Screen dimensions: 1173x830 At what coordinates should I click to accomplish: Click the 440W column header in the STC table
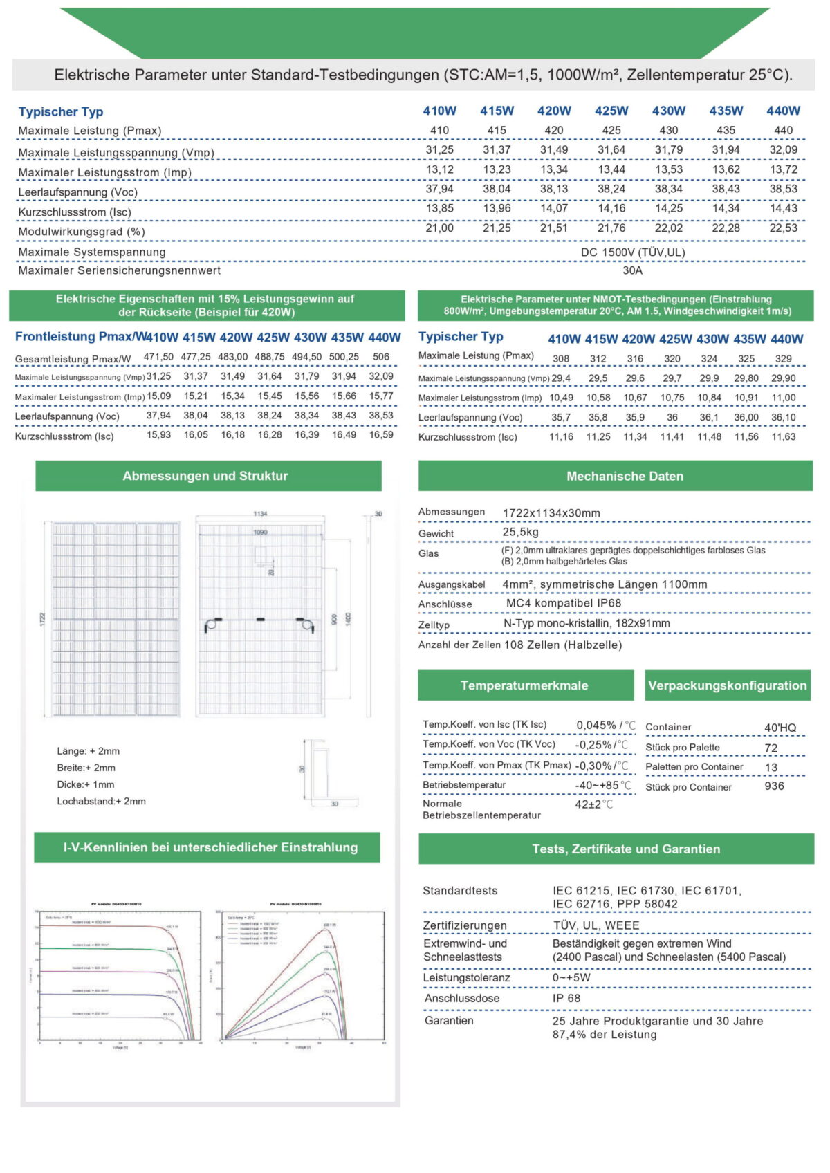(x=783, y=111)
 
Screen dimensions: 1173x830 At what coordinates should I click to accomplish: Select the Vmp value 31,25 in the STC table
(x=440, y=149)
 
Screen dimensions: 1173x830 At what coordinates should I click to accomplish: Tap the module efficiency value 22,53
(x=783, y=228)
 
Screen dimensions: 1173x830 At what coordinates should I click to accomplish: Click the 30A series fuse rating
(x=632, y=270)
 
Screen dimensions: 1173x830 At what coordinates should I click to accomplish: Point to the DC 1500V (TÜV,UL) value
(x=632, y=252)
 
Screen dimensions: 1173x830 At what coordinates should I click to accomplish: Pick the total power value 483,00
(x=233, y=357)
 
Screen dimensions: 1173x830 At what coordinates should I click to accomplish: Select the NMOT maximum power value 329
(x=783, y=358)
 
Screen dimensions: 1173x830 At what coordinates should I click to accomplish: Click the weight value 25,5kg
(x=520, y=532)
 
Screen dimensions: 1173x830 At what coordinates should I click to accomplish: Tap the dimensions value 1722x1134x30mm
(x=551, y=513)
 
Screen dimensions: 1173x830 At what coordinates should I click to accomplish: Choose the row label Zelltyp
(x=434, y=625)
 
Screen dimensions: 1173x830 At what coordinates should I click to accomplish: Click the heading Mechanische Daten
(x=625, y=476)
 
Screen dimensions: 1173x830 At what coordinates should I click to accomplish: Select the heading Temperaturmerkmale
(x=524, y=685)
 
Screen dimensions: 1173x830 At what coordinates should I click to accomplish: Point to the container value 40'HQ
(x=780, y=728)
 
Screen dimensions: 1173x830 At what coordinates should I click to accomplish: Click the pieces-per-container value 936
(x=774, y=786)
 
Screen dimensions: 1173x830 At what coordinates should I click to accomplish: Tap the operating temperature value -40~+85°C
(x=603, y=785)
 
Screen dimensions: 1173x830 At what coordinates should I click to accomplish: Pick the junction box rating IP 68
(x=566, y=998)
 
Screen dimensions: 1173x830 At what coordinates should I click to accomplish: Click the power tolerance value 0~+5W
(x=571, y=977)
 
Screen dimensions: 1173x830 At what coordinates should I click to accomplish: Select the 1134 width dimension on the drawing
(x=260, y=514)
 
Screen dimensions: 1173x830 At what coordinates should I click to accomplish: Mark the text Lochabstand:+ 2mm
(x=101, y=801)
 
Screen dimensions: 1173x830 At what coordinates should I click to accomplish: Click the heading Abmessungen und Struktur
(x=205, y=476)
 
